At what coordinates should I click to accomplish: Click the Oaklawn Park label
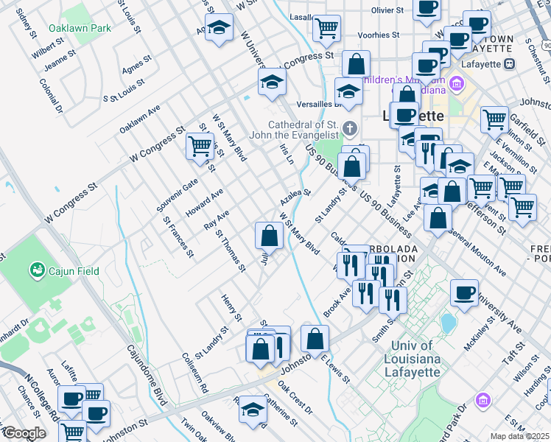[80, 28]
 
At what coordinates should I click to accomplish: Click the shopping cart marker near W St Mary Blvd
[200, 145]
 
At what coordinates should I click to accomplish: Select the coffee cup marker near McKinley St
[463, 293]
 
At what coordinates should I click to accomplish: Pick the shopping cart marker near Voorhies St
[326, 28]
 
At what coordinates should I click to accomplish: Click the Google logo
[24, 433]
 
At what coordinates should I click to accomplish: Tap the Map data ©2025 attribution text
[520, 436]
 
